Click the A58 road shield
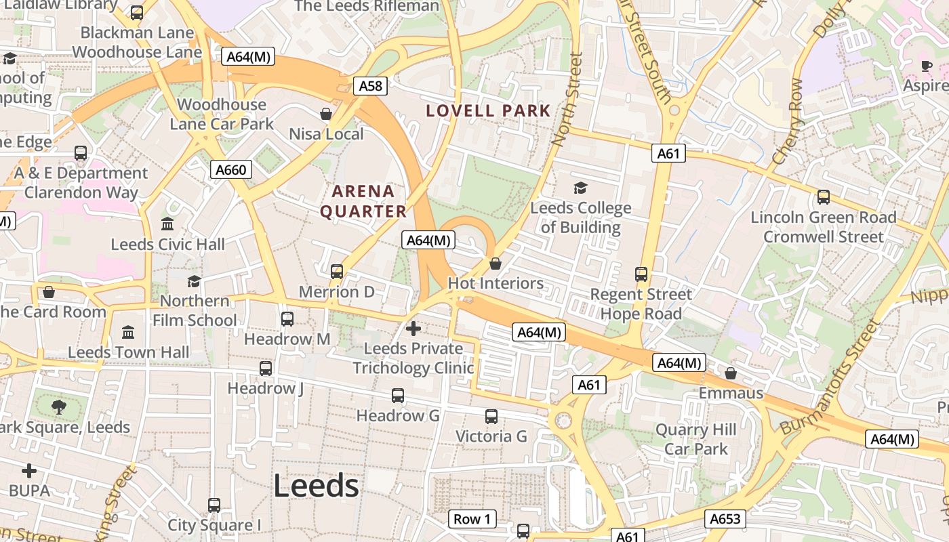(370, 86)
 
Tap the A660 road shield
(230, 169)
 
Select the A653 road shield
(725, 519)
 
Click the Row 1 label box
(472, 520)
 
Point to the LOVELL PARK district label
(488, 110)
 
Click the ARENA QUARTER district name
(363, 201)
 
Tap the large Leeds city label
(316, 486)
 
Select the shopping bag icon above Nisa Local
(326, 114)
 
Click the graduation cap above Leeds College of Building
(580, 188)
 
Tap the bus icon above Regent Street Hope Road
(641, 274)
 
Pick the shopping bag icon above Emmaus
(731, 373)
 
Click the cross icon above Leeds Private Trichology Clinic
(413, 329)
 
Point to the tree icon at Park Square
(59, 406)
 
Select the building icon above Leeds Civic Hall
(167, 224)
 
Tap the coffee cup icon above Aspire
(927, 66)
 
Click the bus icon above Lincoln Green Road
(824, 197)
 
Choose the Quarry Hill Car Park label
(695, 439)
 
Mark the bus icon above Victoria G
(491, 417)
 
